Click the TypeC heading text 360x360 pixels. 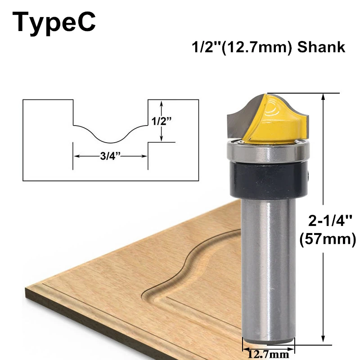pyautogui.click(x=54, y=22)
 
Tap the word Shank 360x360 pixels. pyautogui.click(x=321, y=47)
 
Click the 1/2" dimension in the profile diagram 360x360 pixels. pyautogui.click(x=162, y=121)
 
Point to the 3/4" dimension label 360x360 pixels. pyautogui.click(x=110, y=156)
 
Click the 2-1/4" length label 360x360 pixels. pyautogui.click(x=330, y=220)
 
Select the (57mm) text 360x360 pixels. pyautogui.click(x=328, y=239)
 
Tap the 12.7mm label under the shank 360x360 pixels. pyautogui.click(x=268, y=354)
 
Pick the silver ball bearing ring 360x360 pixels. pyautogui.click(x=268, y=152)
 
